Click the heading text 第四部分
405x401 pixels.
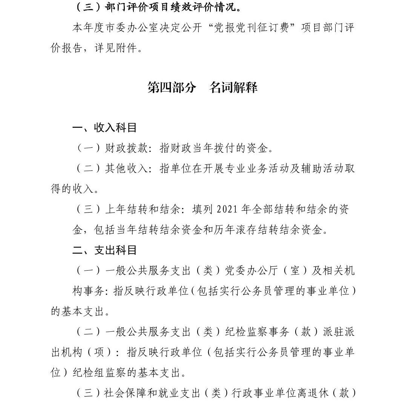[x=172, y=87]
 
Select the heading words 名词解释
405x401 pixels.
[x=233, y=87]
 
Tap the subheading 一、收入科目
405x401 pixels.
[x=104, y=128]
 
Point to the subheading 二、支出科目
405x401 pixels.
[x=104, y=250]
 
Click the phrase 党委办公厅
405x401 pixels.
[x=247, y=271]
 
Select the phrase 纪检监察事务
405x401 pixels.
[x=257, y=332]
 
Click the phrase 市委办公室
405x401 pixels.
[x=127, y=28]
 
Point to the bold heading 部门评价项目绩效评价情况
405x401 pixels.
[x=174, y=8]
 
